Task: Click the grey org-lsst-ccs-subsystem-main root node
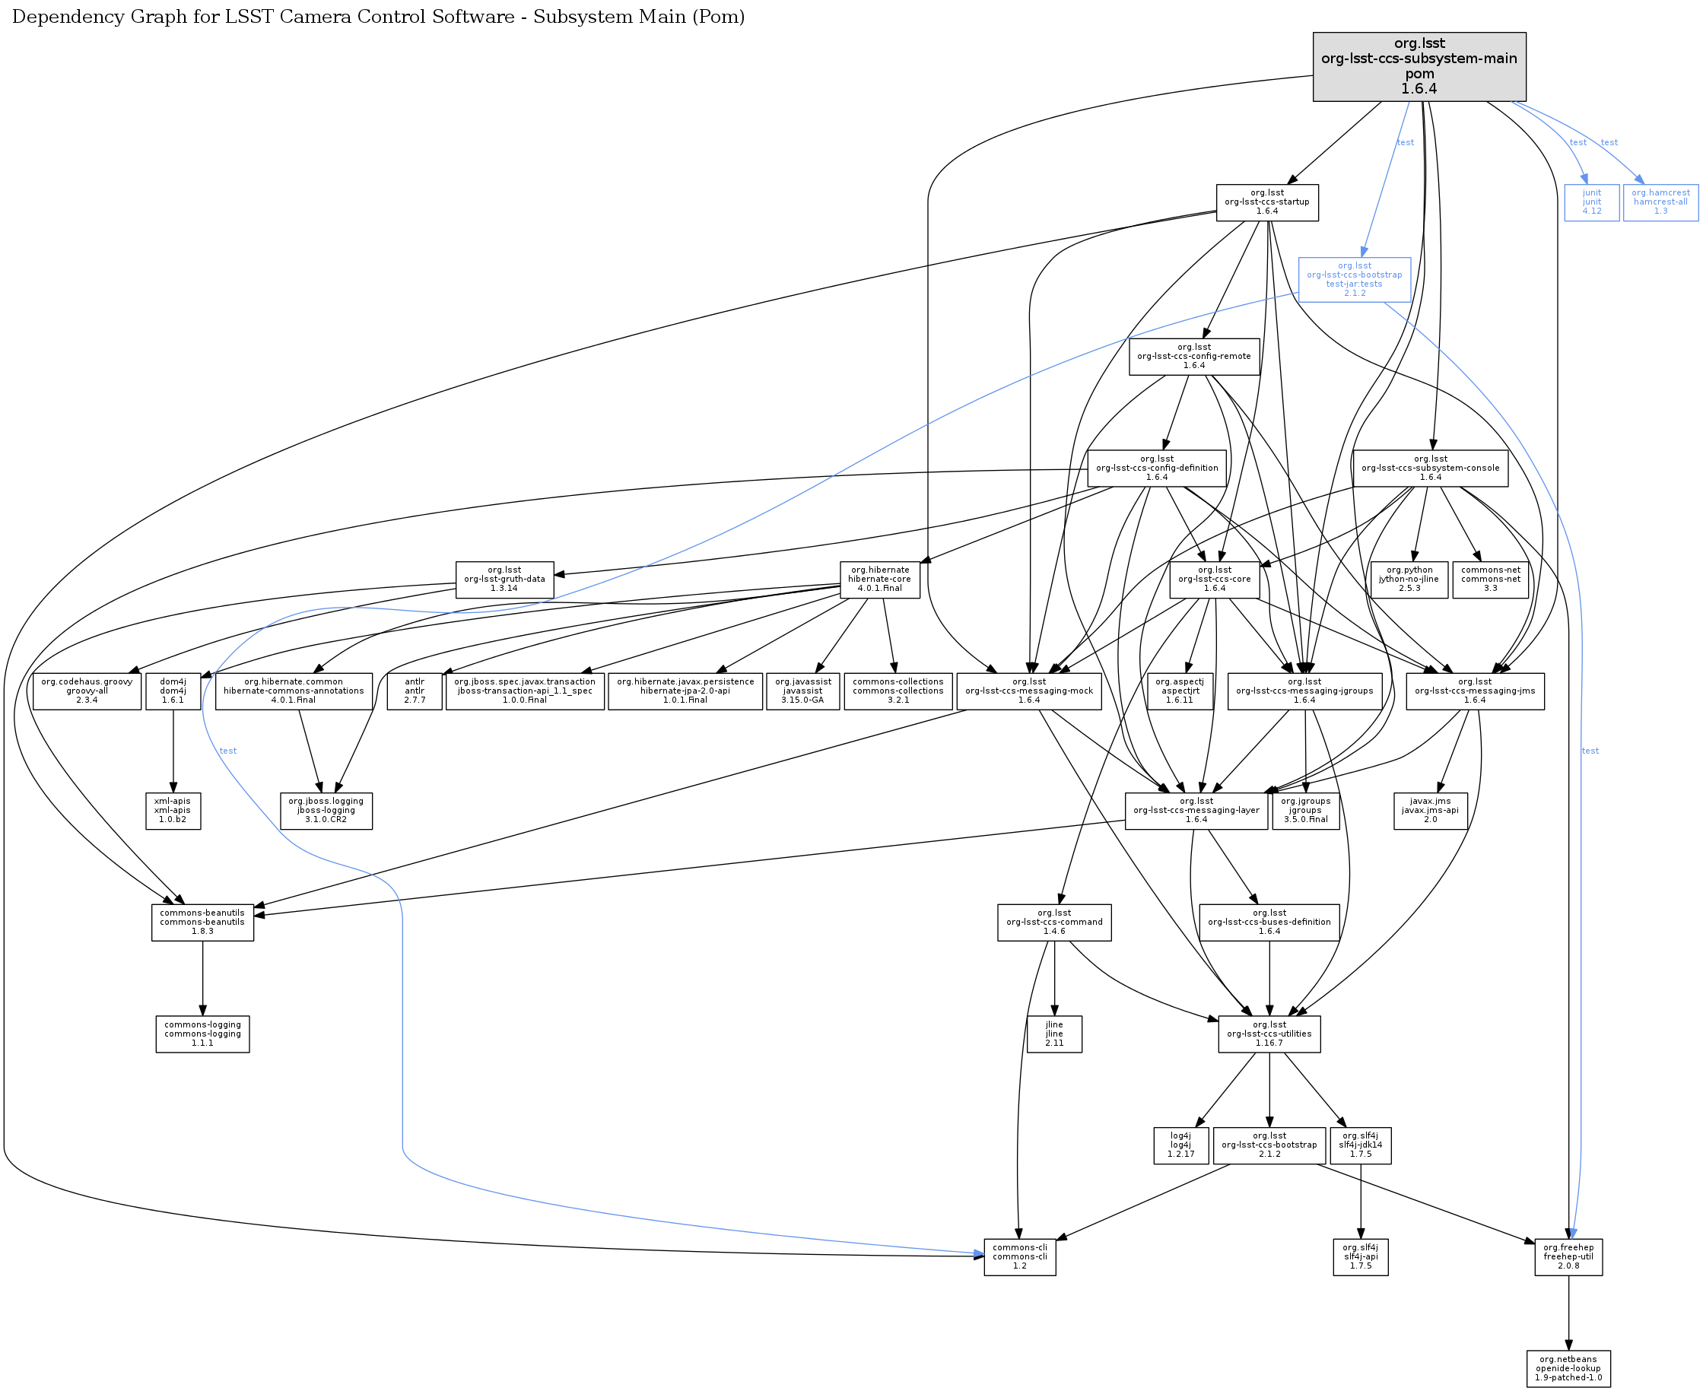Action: coord(1419,66)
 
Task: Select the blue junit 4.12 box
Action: coord(1592,202)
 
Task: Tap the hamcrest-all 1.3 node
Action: coord(1660,202)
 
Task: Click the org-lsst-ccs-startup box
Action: coord(1267,202)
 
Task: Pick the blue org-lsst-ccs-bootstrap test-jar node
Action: coord(1355,280)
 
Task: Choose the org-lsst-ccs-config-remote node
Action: coord(1194,357)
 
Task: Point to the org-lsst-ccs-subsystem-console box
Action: coord(1431,468)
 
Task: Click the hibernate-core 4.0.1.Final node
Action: coord(879,580)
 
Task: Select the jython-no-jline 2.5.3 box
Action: coord(1409,580)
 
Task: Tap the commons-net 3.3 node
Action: coord(1491,580)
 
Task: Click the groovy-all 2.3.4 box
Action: coord(87,691)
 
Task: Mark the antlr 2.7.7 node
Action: coord(415,691)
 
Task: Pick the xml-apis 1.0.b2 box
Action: coord(173,811)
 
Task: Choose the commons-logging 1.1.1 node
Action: coord(203,1034)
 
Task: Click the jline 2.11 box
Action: coord(1054,1034)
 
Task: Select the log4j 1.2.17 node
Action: coord(1180,1145)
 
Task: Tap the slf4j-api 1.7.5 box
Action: coord(1360,1256)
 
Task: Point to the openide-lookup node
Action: coord(1568,1367)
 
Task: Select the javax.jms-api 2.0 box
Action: coord(1431,811)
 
